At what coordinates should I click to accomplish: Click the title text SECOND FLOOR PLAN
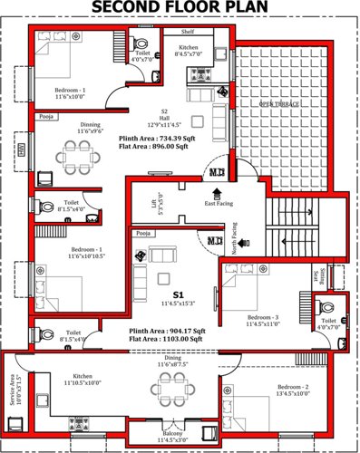(x=180, y=10)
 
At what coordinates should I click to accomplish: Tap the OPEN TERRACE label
(x=279, y=105)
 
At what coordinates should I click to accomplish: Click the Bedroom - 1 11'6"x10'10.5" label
(x=71, y=253)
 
